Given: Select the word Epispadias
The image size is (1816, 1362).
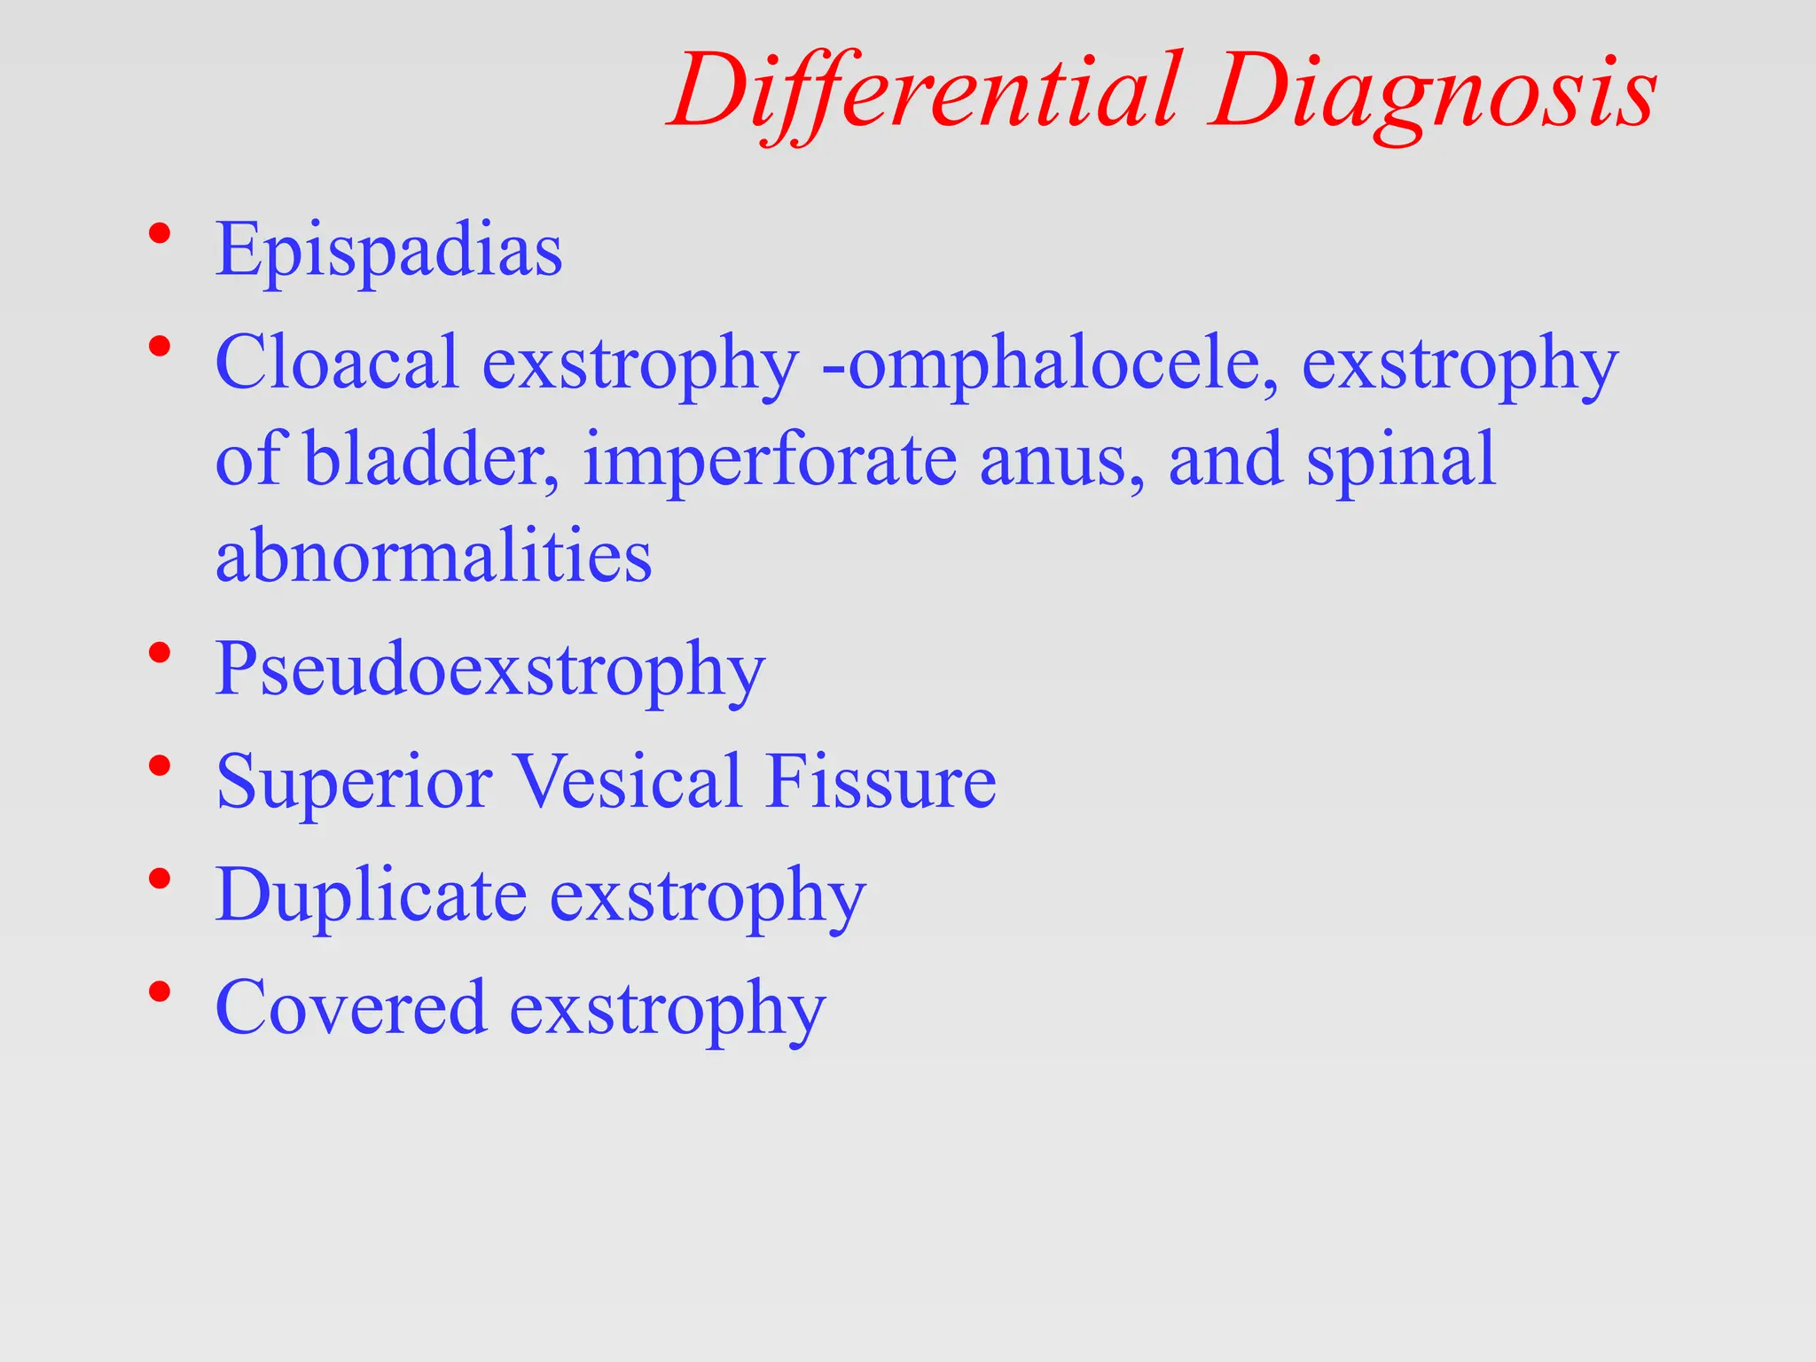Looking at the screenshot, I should (388, 251).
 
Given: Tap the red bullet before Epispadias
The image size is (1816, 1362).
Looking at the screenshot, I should (160, 235).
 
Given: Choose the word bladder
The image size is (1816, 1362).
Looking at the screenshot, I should (431, 459).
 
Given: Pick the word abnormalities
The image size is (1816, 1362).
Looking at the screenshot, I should (434, 556).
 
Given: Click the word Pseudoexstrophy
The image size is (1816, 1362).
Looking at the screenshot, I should (489, 670).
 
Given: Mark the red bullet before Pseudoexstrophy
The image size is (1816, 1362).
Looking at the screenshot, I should (160, 654).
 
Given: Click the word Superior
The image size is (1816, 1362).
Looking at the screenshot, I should (354, 782).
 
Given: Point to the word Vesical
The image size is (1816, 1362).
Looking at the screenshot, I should (629, 782).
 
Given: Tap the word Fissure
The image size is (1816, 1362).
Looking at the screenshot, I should (881, 782).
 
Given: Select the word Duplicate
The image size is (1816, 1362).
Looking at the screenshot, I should (372, 896).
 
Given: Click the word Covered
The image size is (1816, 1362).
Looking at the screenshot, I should (351, 1008).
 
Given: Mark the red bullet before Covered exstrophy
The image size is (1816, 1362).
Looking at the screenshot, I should (160, 992).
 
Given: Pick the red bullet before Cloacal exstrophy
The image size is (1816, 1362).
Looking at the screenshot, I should (160, 347).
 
